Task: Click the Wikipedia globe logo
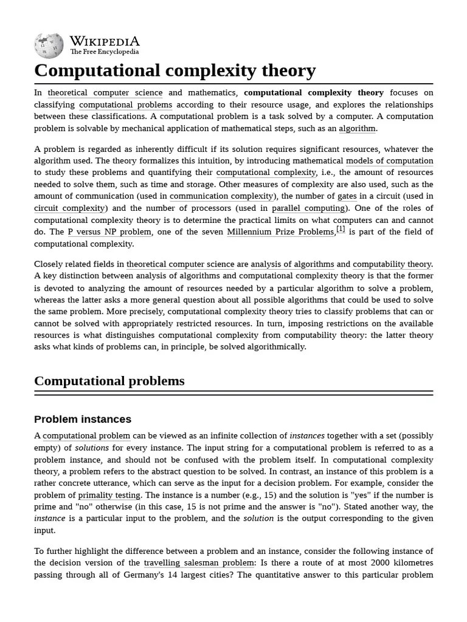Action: click(x=49, y=45)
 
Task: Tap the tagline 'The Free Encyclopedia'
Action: click(x=104, y=52)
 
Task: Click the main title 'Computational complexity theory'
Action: click(x=175, y=70)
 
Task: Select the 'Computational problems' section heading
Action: click(x=109, y=381)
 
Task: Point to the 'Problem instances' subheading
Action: click(x=83, y=419)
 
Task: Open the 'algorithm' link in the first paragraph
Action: click(x=358, y=128)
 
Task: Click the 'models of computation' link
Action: click(x=389, y=161)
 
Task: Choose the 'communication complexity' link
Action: click(x=222, y=196)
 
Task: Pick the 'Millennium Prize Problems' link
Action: click(x=280, y=232)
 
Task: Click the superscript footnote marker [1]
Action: click(x=341, y=229)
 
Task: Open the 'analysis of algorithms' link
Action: click(x=292, y=264)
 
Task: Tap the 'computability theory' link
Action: click(x=392, y=264)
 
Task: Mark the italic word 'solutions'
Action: click(x=92, y=448)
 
